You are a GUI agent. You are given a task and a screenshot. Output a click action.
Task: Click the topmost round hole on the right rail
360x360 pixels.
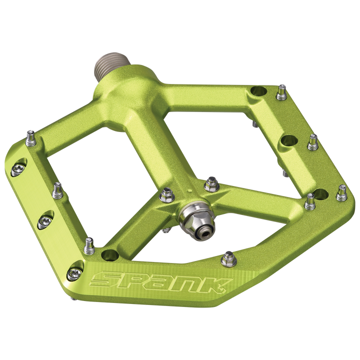point(259,91)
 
